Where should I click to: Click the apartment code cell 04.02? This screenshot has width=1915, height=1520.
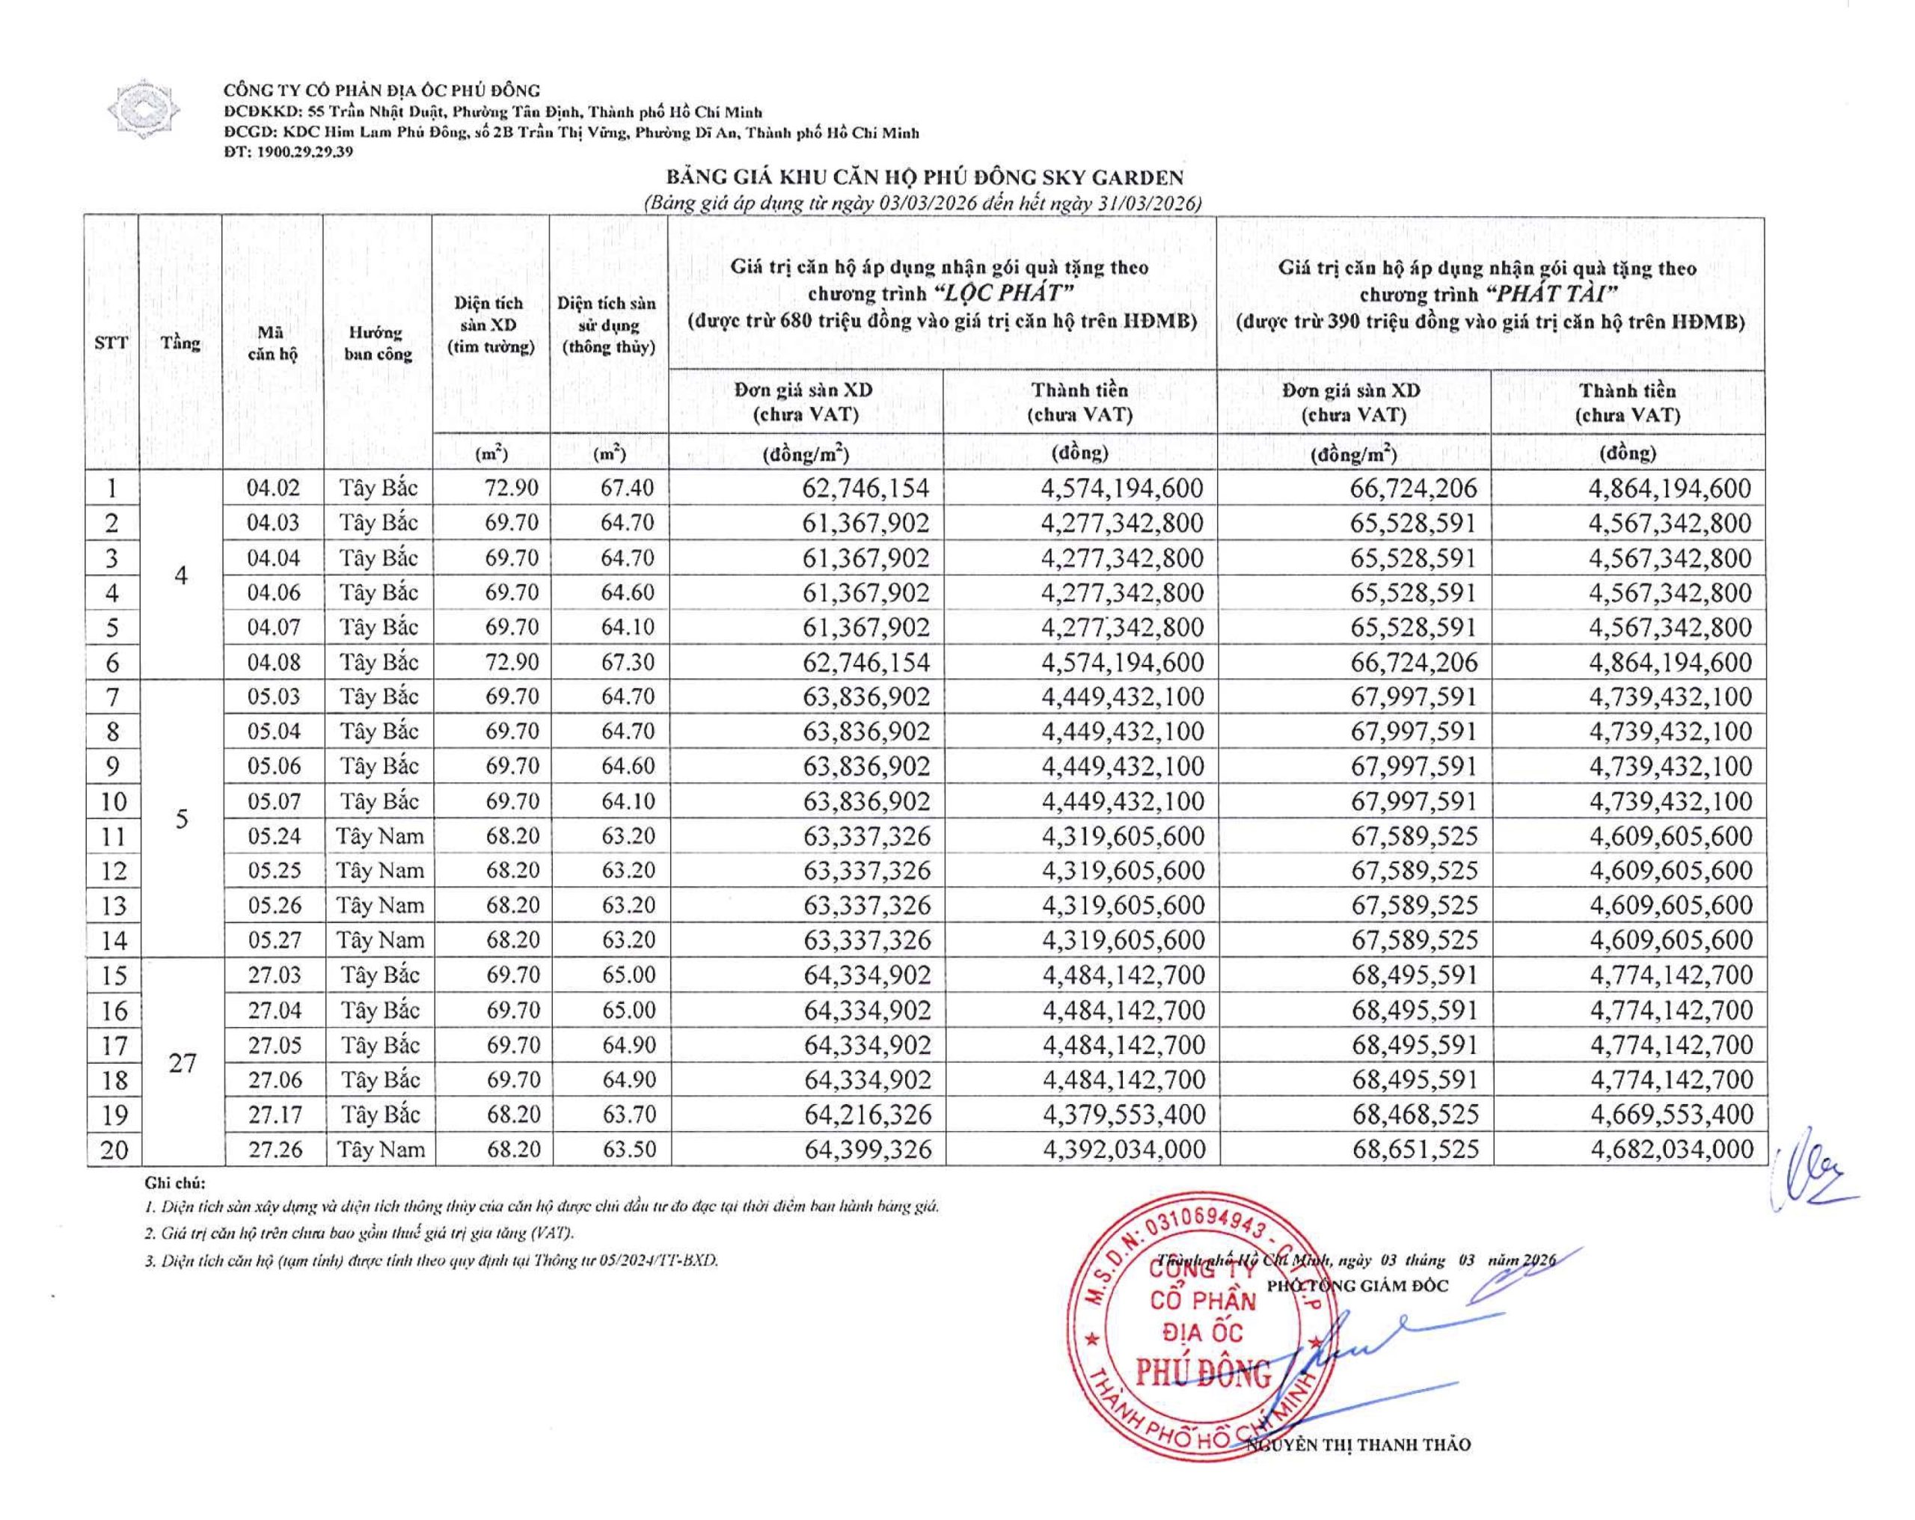(274, 488)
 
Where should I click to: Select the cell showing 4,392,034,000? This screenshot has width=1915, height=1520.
(1124, 1149)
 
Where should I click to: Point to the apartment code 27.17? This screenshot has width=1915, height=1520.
(275, 1114)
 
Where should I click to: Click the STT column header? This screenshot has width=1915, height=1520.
(111, 342)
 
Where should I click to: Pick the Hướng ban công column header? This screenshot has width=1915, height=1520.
(378, 343)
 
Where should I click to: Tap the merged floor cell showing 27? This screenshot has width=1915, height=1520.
(182, 1061)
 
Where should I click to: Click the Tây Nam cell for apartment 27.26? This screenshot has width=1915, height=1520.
(381, 1149)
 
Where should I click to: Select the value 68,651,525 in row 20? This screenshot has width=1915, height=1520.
(1416, 1149)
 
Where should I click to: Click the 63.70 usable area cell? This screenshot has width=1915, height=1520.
(629, 1114)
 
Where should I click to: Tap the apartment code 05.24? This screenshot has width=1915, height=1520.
(275, 836)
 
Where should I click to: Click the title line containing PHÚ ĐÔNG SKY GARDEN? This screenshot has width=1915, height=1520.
(925, 179)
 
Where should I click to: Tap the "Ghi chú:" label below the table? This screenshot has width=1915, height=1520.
(174, 1183)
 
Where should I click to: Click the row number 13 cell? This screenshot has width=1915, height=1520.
(114, 905)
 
